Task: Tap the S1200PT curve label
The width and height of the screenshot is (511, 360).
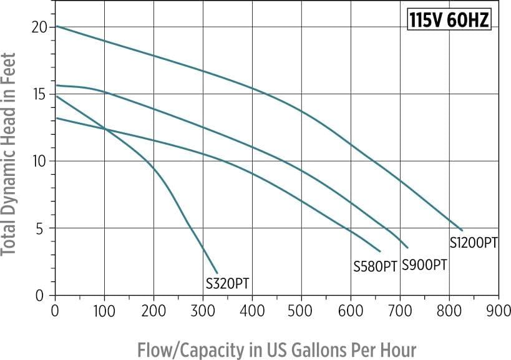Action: [474, 243]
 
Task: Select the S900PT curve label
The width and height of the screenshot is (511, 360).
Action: [424, 264]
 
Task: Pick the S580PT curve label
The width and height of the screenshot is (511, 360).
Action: [375, 266]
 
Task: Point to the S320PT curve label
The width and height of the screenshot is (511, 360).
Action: [228, 283]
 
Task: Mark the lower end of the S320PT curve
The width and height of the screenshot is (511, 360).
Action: [217, 273]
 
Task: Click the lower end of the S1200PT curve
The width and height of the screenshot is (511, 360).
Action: [462, 230]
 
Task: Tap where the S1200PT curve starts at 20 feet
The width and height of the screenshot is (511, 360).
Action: [56, 26]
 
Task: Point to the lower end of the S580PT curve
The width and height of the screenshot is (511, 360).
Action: [380, 251]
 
